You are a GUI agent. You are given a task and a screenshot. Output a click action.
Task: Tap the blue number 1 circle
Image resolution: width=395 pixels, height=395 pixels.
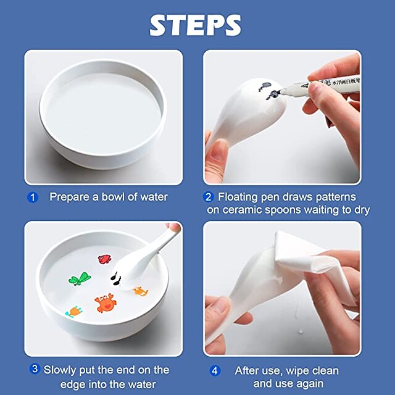(x=34, y=197)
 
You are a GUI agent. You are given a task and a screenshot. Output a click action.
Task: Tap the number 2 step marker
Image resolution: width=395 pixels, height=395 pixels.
(x=208, y=197)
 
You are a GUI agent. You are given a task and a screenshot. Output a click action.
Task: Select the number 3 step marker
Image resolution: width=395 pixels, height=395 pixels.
(x=35, y=369)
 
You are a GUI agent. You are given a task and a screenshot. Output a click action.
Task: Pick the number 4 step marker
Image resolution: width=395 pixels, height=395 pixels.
(x=214, y=371)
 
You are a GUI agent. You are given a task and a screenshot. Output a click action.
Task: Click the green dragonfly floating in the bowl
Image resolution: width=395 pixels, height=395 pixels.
(x=80, y=280)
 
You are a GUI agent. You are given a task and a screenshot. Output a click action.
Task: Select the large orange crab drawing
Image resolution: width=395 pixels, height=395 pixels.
(x=104, y=302)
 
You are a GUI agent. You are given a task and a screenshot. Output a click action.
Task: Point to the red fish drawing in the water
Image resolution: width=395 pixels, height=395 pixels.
(x=105, y=259)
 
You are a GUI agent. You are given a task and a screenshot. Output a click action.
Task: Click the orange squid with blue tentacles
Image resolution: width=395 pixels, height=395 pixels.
(x=73, y=311)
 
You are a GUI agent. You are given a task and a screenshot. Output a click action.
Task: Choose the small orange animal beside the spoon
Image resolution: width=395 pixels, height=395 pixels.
(x=140, y=290)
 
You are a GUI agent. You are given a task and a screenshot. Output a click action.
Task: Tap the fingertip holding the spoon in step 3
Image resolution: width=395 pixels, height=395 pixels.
(x=175, y=228)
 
